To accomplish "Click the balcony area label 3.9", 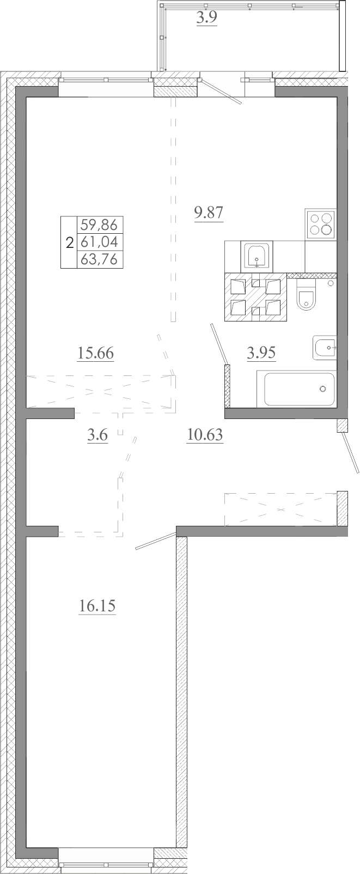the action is [206, 17].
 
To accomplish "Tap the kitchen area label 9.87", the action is [209, 213].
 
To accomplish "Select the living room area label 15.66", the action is [95, 354].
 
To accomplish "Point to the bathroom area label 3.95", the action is [261, 353].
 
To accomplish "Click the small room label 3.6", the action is [97, 435].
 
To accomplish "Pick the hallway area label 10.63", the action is [205, 434].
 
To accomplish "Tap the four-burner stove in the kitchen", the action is [321, 224].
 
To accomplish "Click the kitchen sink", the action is [257, 256].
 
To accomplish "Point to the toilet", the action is [306, 295].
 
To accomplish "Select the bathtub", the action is [296, 389].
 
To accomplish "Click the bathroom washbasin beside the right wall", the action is [325, 347].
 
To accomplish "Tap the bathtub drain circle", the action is [322, 389].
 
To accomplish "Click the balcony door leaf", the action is [221, 92].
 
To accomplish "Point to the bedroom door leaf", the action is [155, 541].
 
